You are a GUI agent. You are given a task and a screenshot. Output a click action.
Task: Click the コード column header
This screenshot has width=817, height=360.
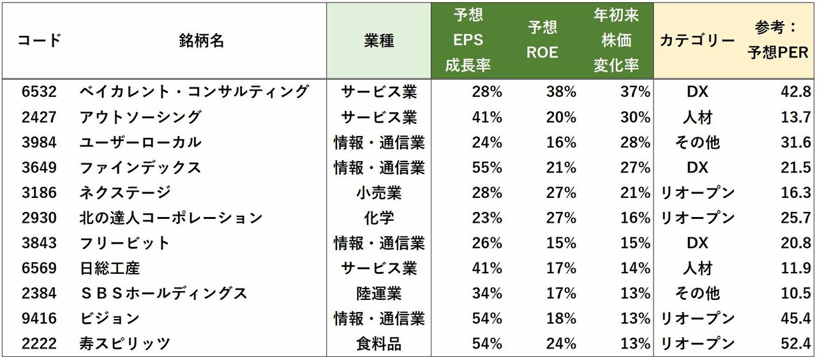tap(39, 41)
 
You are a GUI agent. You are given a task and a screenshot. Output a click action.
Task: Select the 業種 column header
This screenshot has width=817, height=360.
tap(379, 41)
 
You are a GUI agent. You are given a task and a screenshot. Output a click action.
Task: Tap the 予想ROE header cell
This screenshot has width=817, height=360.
tap(542, 40)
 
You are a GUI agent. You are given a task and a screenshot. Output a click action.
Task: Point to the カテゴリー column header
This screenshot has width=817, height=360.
tap(697, 41)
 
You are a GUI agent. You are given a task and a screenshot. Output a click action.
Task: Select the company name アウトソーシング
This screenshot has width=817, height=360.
tap(140, 117)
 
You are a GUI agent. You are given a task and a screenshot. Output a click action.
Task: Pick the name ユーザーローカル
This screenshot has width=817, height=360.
tap(140, 142)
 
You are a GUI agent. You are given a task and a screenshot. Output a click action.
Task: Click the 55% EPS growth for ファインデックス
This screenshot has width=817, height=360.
tap(486, 168)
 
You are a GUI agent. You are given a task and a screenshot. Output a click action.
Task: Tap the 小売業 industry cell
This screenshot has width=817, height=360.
tap(379, 193)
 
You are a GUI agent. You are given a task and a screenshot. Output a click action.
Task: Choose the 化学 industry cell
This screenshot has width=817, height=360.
tap(379, 218)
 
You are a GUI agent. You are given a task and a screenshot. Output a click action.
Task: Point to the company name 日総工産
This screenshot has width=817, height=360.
tap(110, 269)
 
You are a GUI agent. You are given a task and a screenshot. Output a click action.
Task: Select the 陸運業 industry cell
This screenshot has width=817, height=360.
tap(379, 294)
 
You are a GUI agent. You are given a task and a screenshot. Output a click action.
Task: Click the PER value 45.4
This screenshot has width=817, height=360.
tap(795, 319)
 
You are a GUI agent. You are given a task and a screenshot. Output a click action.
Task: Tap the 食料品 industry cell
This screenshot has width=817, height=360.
tap(379, 344)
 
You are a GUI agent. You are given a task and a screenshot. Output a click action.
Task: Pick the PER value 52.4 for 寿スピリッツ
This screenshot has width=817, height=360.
tap(795, 344)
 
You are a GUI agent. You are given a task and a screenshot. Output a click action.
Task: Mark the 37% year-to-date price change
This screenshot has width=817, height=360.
tap(635, 92)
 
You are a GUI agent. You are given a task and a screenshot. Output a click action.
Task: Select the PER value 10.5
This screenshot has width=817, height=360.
tap(795, 294)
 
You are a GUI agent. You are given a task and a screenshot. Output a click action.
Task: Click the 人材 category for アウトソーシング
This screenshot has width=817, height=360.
tap(697, 117)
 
